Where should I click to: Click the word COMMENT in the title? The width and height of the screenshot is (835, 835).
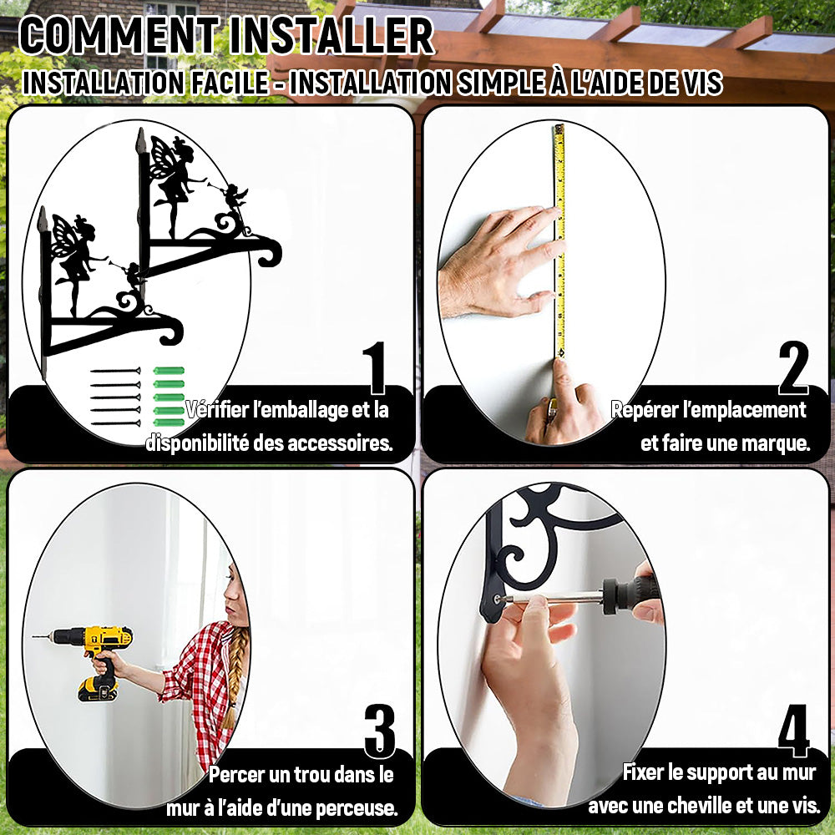pyautogui.click(x=119, y=36)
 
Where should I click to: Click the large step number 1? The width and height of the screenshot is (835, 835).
pyautogui.click(x=376, y=367)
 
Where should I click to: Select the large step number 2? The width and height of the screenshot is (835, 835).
pyautogui.click(x=793, y=367)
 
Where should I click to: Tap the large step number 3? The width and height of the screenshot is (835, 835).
pyautogui.click(x=380, y=731)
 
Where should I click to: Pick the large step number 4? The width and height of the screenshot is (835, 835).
pyautogui.click(x=794, y=731)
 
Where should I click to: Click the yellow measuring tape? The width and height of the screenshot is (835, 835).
pyautogui.click(x=559, y=240)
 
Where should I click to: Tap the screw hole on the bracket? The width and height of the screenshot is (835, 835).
pyautogui.click(x=498, y=599)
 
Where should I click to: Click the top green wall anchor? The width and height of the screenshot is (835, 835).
pyautogui.click(x=169, y=371)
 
